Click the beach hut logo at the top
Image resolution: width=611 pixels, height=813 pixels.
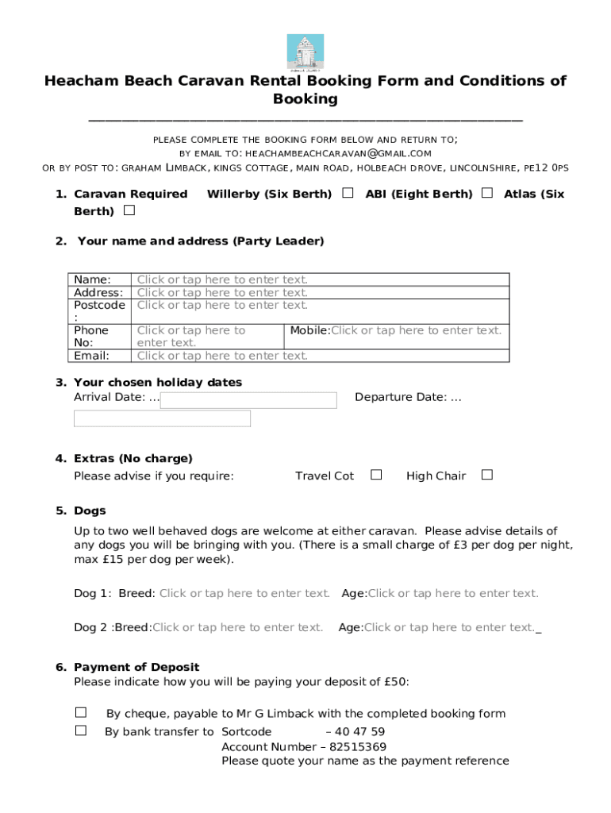[305, 52]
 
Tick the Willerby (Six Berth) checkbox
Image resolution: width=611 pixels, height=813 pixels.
[348, 193]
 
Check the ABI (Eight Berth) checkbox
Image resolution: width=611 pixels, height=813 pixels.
[486, 193]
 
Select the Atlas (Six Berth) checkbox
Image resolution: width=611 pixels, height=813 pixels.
[129, 210]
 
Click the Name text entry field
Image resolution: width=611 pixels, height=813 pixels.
[222, 279]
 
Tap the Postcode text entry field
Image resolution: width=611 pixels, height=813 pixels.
[222, 305]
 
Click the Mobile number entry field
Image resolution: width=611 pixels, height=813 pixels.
[416, 330]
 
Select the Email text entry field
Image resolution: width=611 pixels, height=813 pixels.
[222, 356]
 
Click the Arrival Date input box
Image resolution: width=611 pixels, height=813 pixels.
[248, 400]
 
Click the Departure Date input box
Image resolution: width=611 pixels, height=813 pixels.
[162, 418]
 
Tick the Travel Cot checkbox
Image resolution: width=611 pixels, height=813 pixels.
[376, 475]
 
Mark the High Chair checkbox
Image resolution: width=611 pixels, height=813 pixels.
[487, 475]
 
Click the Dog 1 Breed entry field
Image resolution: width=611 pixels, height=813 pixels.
[244, 593]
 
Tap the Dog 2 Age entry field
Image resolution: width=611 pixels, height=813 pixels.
[449, 627]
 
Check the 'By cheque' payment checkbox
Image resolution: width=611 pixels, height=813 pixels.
[81, 713]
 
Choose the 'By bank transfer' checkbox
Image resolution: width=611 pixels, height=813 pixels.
[81, 730]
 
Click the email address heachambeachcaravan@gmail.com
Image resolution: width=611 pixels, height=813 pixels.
[338, 153]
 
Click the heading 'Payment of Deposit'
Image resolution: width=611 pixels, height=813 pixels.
[136, 667]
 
